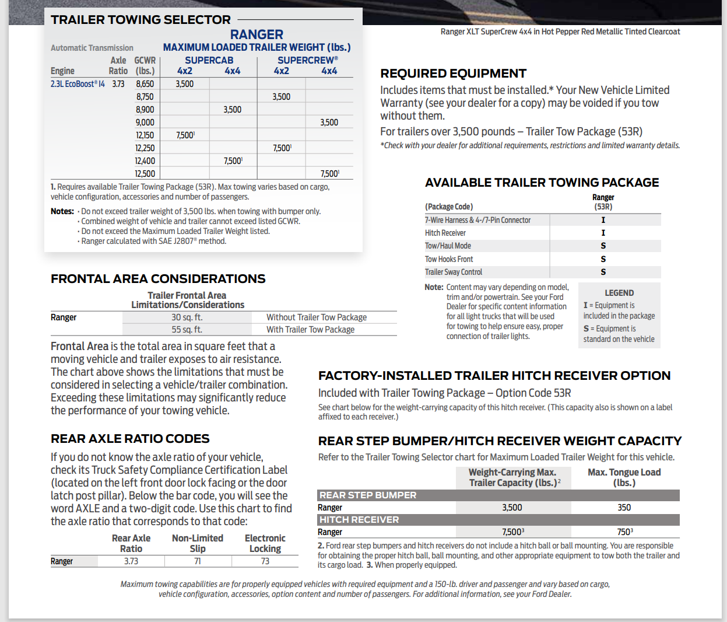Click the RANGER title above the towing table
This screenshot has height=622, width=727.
tap(257, 34)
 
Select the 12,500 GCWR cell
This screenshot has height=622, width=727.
tap(145, 174)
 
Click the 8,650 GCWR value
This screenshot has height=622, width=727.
tap(145, 84)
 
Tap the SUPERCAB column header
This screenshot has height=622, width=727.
tap(209, 60)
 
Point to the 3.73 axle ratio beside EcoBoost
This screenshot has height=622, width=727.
tap(118, 84)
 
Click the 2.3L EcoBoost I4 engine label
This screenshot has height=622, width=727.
tap(78, 84)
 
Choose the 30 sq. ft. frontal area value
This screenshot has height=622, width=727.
tap(187, 317)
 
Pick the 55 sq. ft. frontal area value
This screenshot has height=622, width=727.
tap(187, 330)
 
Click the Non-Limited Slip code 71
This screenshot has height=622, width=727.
tap(198, 561)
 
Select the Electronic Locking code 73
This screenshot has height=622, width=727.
tap(265, 561)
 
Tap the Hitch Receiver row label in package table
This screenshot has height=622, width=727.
tap(445, 233)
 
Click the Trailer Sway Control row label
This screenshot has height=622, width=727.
tap(454, 272)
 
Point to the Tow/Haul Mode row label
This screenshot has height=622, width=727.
tap(448, 246)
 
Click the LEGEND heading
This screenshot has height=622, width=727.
tap(619, 293)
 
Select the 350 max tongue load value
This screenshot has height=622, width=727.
tap(624, 508)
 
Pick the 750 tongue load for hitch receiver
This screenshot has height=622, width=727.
tap(624, 532)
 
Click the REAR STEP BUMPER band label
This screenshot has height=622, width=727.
tap(368, 495)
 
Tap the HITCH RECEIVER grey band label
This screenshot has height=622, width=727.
tap(359, 520)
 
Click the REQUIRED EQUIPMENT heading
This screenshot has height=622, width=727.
tap(453, 74)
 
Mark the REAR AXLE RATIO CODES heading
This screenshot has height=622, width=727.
tap(130, 439)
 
